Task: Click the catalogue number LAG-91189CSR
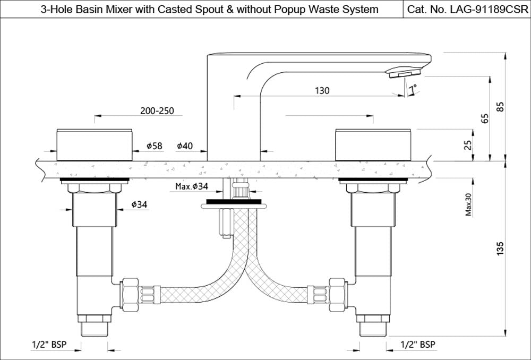point(467,10)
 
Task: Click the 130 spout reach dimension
point(322,91)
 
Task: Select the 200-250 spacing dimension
point(157,112)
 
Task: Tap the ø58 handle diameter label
point(154,145)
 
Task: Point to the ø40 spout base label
point(185,145)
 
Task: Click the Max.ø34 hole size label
point(192,186)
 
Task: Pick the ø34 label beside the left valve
point(139,204)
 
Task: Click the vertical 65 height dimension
point(484,118)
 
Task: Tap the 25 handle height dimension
point(468,144)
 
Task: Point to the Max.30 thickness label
point(468,204)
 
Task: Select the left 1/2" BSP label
point(49,345)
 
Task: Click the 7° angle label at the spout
point(414,88)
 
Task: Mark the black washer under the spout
point(234,202)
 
